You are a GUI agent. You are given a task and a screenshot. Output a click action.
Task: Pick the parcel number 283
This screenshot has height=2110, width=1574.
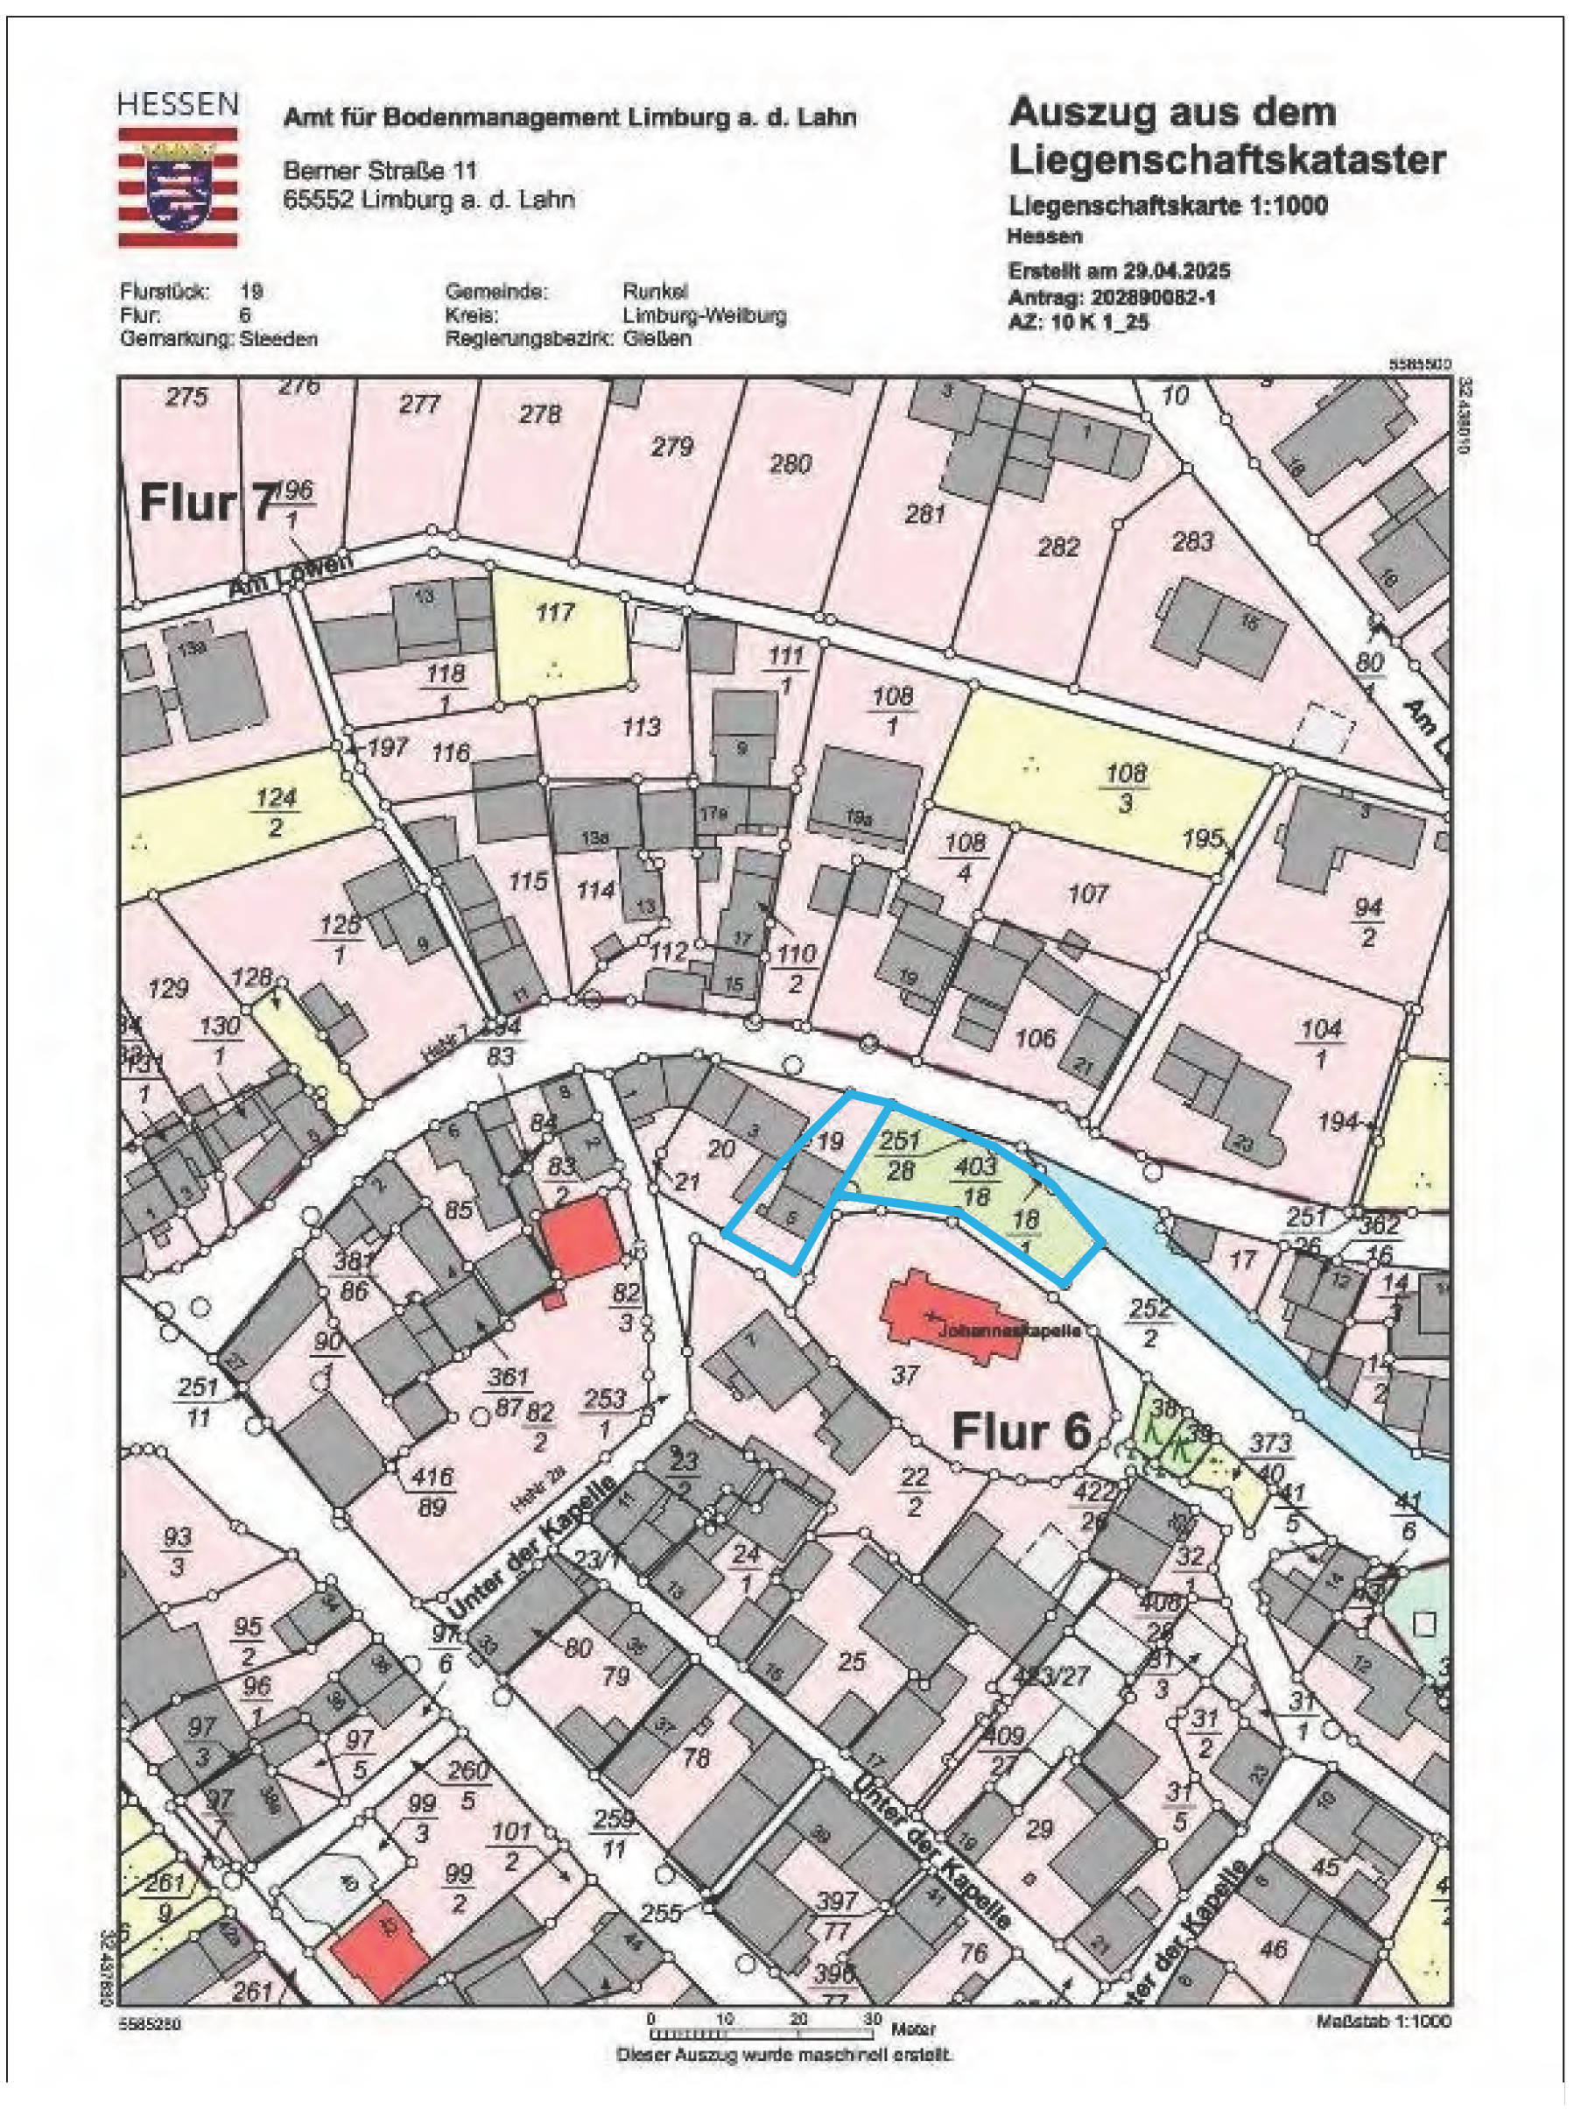(x=1192, y=541)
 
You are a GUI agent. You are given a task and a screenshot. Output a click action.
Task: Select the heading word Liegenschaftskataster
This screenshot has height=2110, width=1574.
(x=1226, y=160)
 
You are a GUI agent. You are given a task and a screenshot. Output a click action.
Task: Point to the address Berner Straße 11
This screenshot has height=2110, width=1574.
(x=380, y=171)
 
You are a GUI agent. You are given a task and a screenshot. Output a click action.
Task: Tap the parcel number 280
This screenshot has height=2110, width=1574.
(x=790, y=464)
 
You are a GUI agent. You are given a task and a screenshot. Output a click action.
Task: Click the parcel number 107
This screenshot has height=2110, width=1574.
(x=1088, y=893)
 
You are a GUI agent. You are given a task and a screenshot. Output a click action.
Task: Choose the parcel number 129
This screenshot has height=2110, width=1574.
(x=169, y=988)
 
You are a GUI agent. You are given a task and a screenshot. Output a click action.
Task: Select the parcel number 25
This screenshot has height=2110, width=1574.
(x=851, y=1662)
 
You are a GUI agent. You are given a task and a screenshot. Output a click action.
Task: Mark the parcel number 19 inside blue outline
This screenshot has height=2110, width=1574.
(x=831, y=1140)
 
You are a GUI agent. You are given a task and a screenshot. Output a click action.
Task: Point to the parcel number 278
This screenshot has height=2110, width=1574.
(x=540, y=414)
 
